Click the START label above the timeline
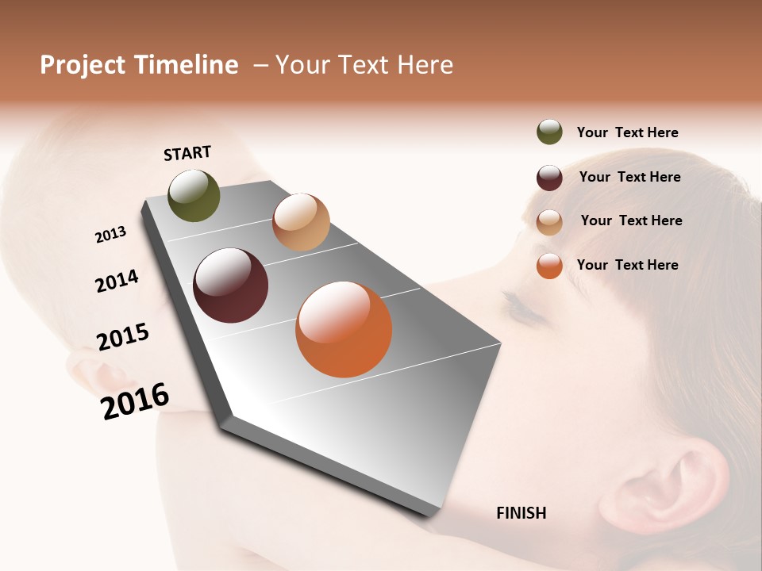(x=187, y=153)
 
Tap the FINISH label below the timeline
(x=521, y=513)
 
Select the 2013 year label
(x=110, y=234)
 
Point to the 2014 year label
(x=117, y=281)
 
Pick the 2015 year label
(x=123, y=337)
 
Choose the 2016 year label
(x=135, y=400)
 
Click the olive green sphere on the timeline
(x=194, y=196)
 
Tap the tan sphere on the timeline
(x=301, y=222)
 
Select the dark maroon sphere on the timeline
(x=230, y=285)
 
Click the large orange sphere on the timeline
(x=344, y=329)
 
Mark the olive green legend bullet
(x=549, y=132)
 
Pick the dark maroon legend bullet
(x=549, y=178)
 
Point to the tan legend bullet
(x=549, y=222)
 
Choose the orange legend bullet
(x=549, y=266)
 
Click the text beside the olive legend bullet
(x=627, y=132)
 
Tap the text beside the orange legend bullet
(x=627, y=265)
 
